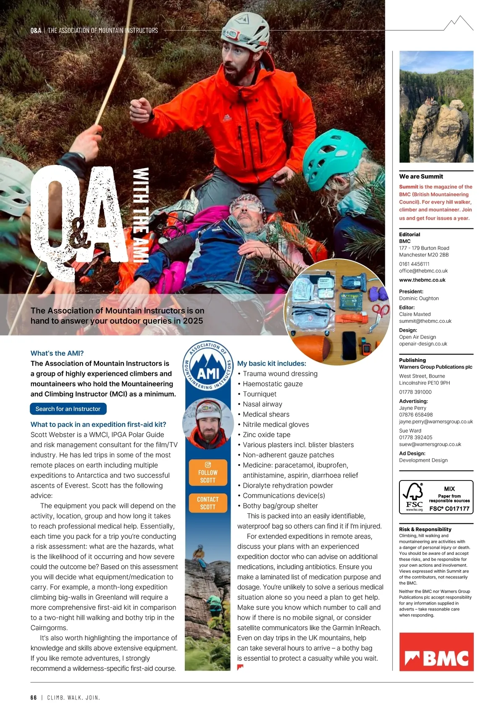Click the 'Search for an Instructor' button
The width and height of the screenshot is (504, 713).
(68, 409)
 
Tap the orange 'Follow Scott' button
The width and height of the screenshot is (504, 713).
(208, 473)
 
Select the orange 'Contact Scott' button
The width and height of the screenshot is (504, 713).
(208, 503)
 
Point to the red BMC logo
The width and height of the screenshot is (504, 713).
(436, 652)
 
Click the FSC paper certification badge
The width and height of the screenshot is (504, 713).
(436, 497)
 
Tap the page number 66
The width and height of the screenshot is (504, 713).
(34, 697)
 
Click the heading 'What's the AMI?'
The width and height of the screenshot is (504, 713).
(57, 353)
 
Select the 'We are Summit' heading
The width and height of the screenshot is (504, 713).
(421, 177)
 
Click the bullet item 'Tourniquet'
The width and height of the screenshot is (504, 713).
(260, 394)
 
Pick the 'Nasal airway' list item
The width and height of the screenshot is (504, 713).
(262, 404)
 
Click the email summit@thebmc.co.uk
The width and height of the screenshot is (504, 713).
(425, 321)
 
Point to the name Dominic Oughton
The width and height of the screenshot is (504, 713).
(419, 298)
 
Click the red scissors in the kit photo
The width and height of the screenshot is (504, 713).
(381, 313)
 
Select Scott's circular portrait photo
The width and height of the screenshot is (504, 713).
(208, 423)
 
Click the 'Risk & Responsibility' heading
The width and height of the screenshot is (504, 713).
(425, 529)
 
